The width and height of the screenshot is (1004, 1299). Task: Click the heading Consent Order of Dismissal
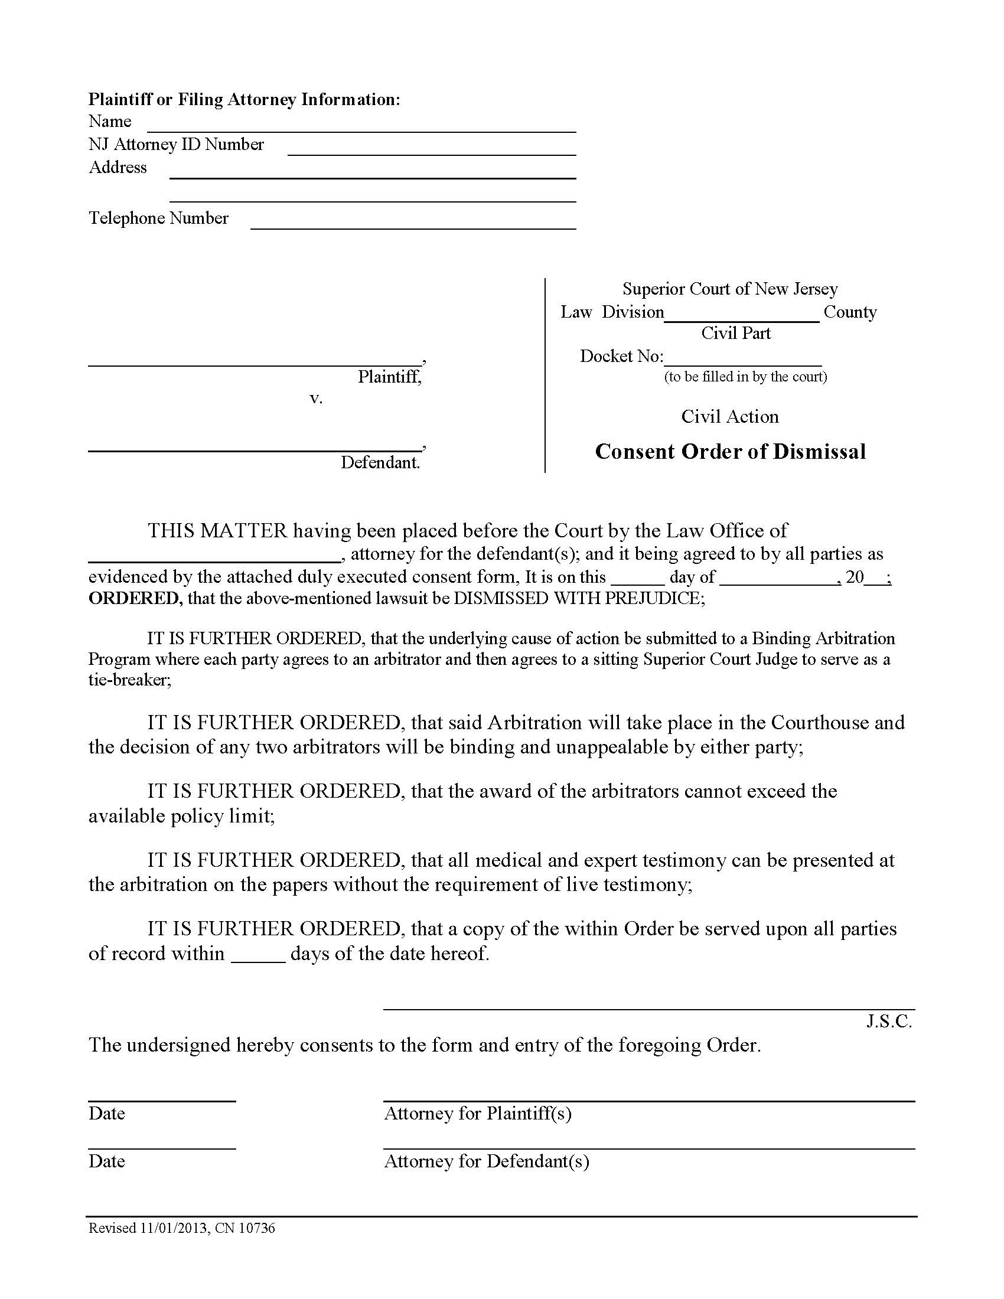730,452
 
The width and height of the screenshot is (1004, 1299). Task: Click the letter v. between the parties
316,398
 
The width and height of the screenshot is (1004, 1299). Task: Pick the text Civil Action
730,416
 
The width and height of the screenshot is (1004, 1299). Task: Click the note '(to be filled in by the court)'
745,377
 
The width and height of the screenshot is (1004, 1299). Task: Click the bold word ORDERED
135,598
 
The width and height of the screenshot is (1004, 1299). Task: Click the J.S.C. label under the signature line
889,1021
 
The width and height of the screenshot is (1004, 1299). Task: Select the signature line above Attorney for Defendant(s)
648,1148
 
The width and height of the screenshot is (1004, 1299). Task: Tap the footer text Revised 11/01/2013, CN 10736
182,1228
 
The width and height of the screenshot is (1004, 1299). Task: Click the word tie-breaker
129,680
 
